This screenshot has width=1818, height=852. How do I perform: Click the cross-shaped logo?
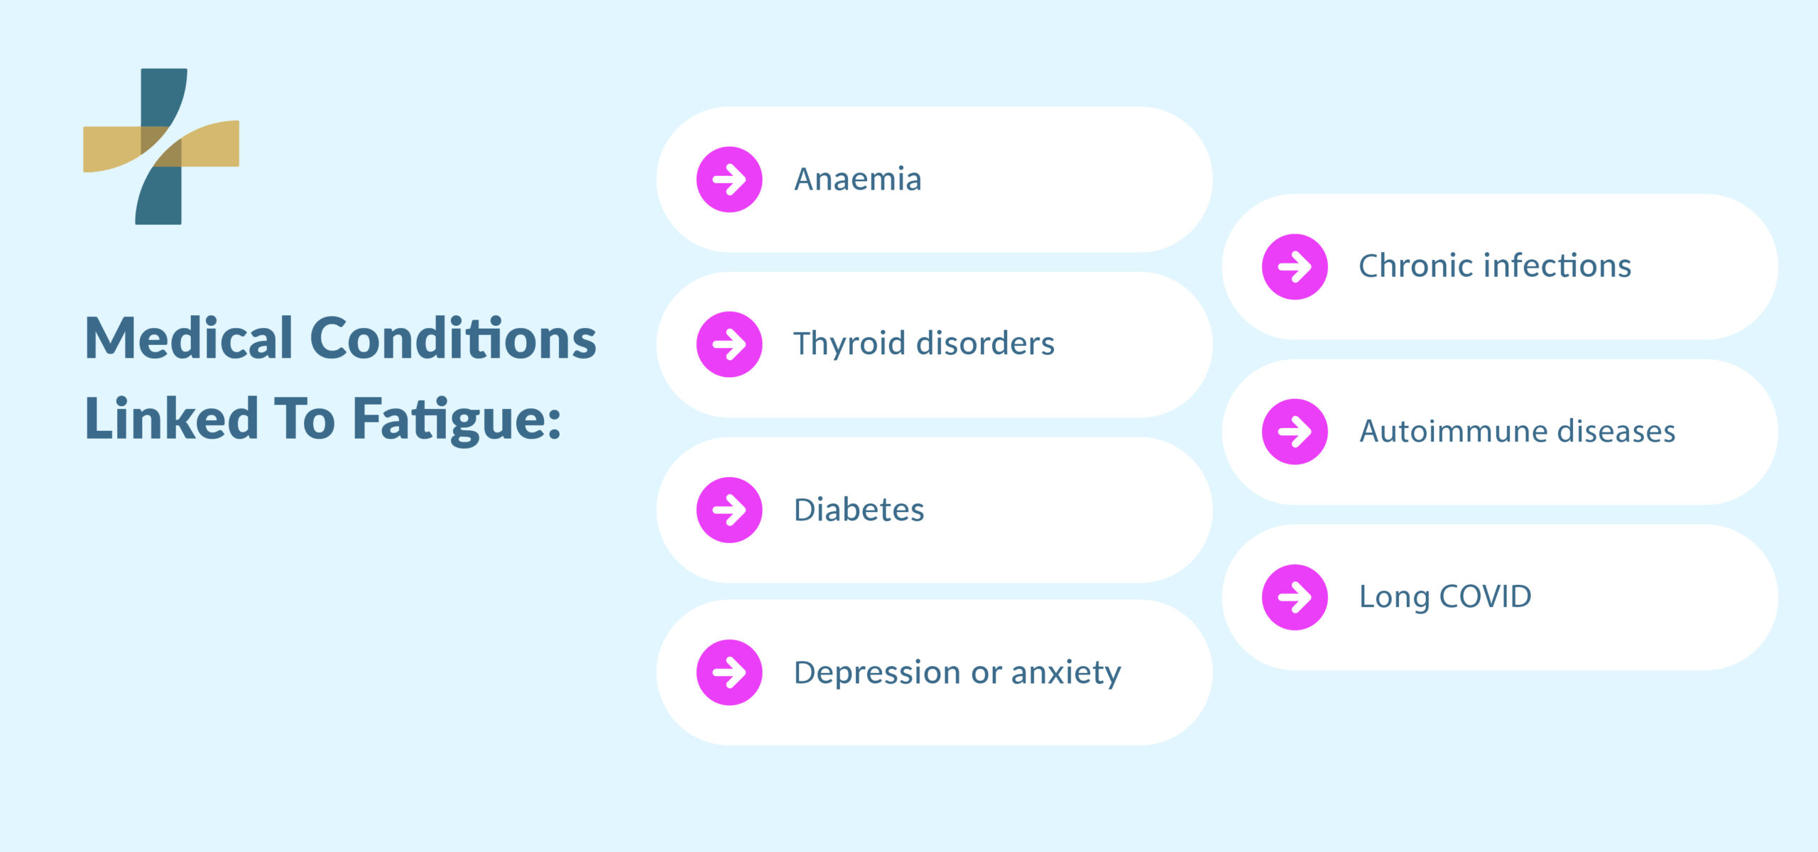(x=161, y=146)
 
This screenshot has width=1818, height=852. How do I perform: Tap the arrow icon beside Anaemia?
(x=729, y=180)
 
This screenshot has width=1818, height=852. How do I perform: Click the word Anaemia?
(x=857, y=180)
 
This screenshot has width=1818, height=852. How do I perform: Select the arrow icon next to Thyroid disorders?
(x=729, y=344)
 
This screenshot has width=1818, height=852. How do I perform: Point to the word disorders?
(x=986, y=344)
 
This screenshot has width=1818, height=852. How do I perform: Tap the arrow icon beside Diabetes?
(x=729, y=510)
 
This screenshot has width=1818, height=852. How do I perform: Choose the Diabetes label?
(x=859, y=510)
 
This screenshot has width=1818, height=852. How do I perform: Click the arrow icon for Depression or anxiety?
(x=729, y=672)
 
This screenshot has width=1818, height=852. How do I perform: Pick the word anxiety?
(x=1066, y=672)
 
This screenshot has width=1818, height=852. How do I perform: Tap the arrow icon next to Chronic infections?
(x=1295, y=267)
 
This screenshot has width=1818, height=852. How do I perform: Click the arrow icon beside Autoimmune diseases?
(x=1295, y=432)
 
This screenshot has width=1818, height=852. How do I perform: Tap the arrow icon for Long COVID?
(x=1295, y=597)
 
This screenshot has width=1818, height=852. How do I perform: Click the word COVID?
(x=1485, y=596)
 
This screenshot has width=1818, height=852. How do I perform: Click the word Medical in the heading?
(x=189, y=339)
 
